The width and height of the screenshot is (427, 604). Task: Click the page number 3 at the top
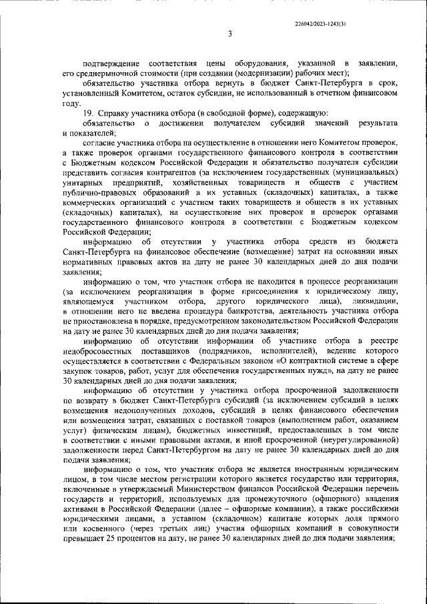229,34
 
